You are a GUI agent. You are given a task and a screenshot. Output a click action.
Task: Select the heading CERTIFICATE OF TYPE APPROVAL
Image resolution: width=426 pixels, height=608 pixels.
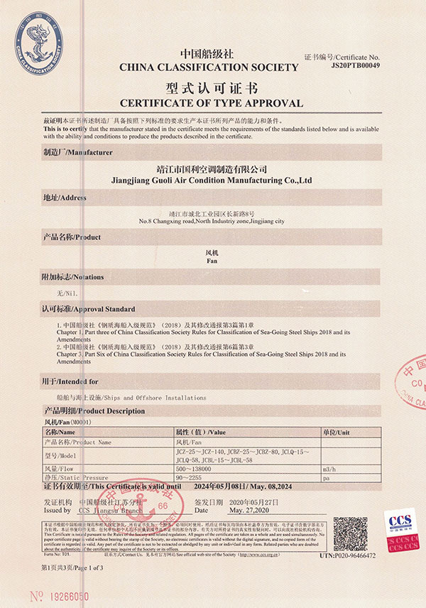click(211, 103)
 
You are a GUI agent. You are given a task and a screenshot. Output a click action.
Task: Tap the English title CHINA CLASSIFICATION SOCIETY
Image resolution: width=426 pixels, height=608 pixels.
click(209, 67)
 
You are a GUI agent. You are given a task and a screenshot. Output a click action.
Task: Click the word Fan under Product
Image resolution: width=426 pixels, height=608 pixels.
click(211, 261)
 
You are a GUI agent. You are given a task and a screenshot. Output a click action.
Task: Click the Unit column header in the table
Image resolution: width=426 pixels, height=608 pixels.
click(337, 431)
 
